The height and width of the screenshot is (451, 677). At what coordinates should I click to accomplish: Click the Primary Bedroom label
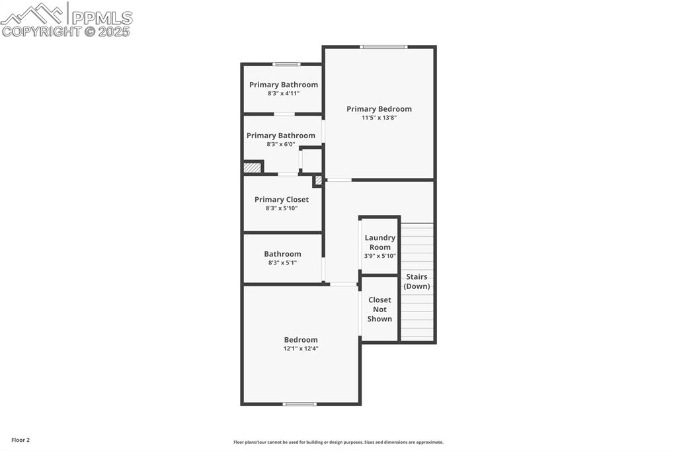(379, 109)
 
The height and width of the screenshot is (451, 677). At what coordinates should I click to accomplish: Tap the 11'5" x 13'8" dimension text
(379, 118)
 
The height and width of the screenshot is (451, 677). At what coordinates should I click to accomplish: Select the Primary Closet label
(282, 200)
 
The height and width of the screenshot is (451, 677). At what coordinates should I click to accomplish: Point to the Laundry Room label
(380, 242)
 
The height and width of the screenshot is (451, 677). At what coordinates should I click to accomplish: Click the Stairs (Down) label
(417, 281)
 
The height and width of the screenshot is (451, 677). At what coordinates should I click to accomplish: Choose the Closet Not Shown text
(379, 309)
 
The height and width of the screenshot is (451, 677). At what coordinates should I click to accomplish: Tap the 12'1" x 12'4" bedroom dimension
(301, 348)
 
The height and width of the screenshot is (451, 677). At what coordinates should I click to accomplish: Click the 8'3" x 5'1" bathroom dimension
(282, 263)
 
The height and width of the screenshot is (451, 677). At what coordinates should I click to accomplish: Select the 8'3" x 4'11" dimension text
(284, 93)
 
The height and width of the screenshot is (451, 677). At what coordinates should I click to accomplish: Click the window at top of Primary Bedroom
(383, 47)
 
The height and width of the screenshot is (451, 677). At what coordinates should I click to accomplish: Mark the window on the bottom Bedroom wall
(299, 403)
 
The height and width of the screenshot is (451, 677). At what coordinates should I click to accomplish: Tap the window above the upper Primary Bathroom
(286, 64)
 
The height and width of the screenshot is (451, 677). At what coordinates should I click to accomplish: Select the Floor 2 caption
(20, 440)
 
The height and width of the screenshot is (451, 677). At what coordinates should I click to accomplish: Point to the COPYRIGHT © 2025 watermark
(66, 31)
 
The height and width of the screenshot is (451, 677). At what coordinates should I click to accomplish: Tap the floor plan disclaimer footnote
(338, 442)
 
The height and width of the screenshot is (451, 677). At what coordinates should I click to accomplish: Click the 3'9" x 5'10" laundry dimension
(380, 256)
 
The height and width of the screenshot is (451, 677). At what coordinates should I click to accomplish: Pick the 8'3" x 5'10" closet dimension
(282, 208)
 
